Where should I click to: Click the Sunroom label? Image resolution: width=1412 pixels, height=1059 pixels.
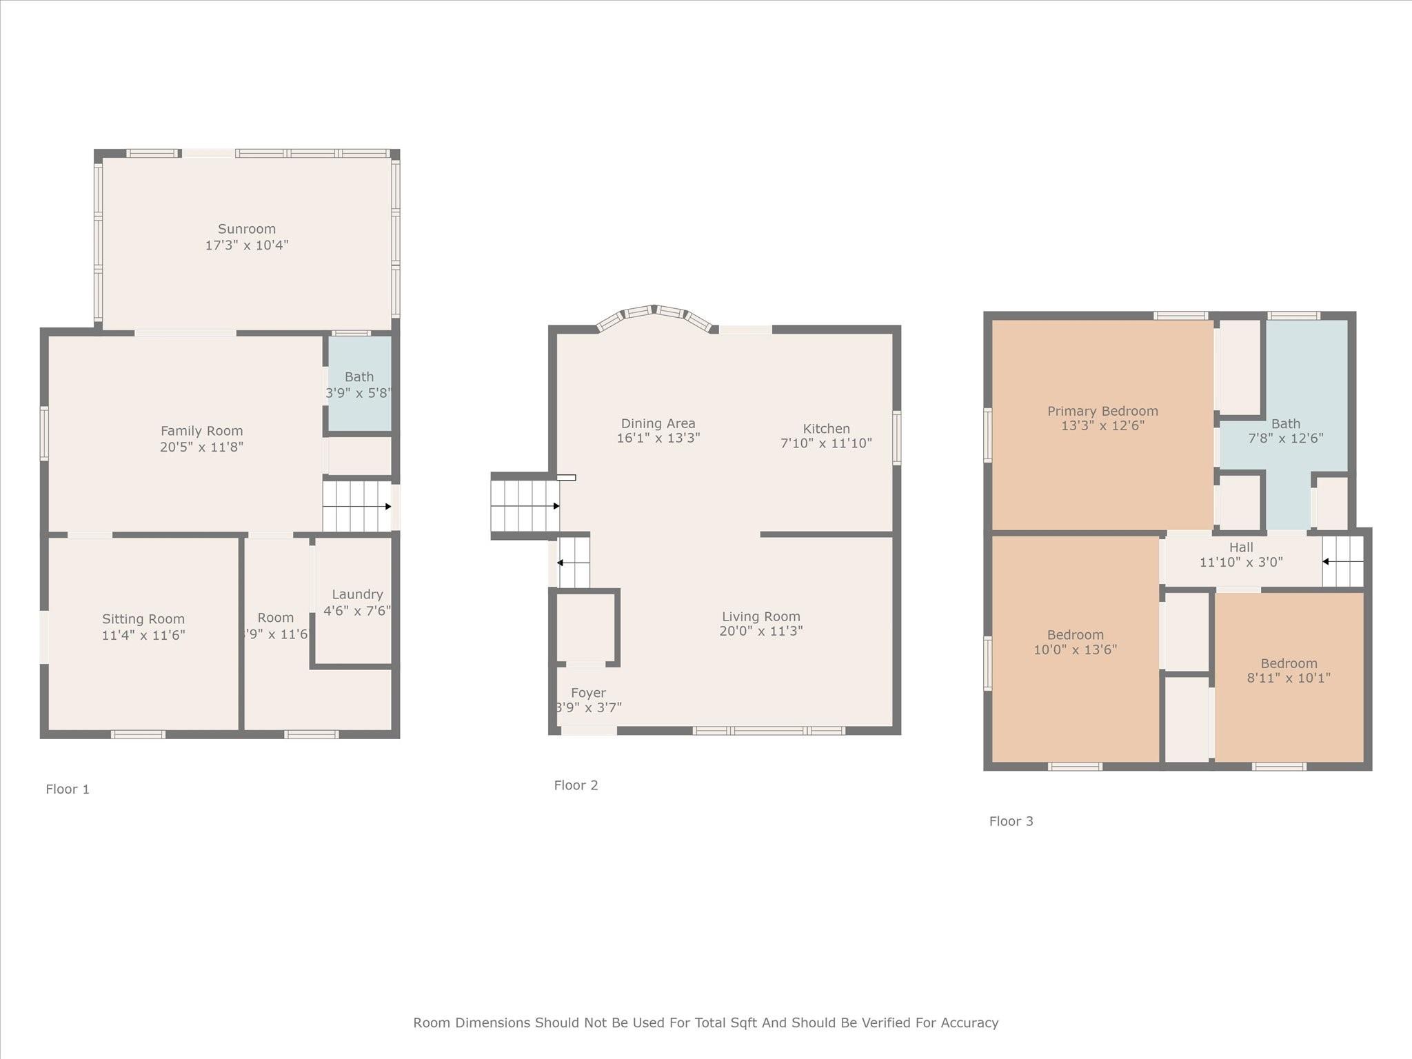(x=247, y=229)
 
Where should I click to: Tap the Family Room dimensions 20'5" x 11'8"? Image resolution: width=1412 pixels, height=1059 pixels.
(x=201, y=447)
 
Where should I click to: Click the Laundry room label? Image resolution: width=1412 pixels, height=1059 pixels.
(x=357, y=594)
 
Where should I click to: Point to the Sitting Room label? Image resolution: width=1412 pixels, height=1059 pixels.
(x=143, y=619)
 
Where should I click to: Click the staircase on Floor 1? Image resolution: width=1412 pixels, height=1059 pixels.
(x=356, y=507)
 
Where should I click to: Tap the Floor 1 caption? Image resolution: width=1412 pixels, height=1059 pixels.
(x=68, y=789)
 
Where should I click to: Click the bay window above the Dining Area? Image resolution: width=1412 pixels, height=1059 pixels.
(x=655, y=314)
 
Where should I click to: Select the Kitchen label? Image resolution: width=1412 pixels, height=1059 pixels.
(x=826, y=429)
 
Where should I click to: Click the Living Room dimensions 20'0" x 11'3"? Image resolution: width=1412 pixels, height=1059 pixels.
(x=761, y=631)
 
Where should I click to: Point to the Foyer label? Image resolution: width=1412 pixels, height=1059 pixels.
(x=588, y=693)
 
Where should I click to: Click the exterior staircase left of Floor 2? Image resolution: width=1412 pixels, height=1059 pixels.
(x=524, y=507)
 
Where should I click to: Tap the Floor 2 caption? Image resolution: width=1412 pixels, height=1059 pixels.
(x=576, y=785)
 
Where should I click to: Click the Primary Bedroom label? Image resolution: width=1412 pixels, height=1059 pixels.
(x=1102, y=411)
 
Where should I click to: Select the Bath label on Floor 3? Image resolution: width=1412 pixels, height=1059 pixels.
(x=1286, y=424)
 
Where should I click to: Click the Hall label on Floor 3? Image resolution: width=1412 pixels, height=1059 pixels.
(x=1241, y=547)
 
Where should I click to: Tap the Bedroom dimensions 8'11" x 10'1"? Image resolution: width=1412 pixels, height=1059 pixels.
(x=1289, y=678)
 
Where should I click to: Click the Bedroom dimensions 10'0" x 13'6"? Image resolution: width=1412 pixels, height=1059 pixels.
(x=1075, y=649)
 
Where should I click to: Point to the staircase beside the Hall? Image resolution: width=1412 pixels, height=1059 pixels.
(x=1343, y=562)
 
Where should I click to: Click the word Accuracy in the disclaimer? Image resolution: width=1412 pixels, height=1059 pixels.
(x=969, y=1022)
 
